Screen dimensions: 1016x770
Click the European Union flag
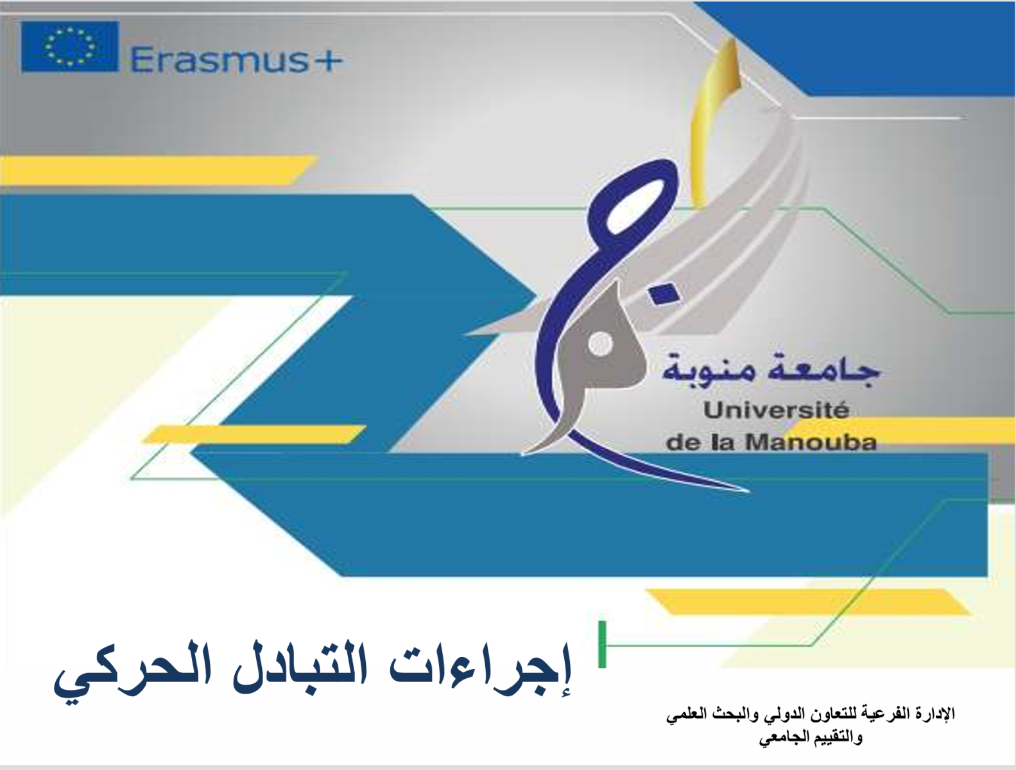tap(70, 47)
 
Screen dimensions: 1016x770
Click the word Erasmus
tap(220, 60)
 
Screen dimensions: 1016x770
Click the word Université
tap(776, 411)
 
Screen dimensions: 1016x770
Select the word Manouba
tap(811, 443)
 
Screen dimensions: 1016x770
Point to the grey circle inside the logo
tap(601, 344)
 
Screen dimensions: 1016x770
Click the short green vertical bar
tap(602, 644)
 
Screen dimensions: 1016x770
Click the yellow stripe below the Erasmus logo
tap(157, 170)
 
